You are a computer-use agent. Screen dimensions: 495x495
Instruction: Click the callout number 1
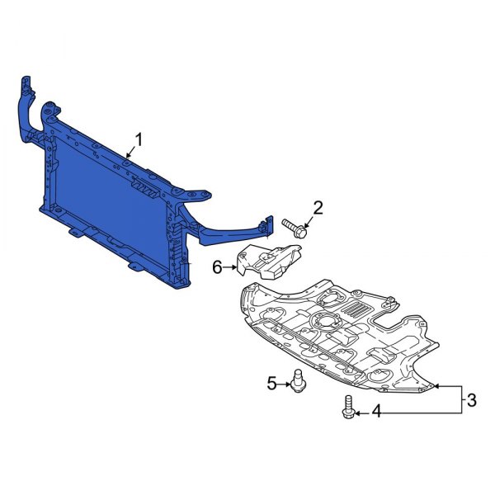(x=138, y=139)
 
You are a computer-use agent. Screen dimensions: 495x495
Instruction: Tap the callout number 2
(x=317, y=206)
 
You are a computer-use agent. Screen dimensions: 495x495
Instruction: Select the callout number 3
(x=471, y=401)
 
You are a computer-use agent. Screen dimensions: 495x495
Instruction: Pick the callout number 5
(x=271, y=382)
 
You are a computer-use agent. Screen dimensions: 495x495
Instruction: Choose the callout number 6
(x=218, y=267)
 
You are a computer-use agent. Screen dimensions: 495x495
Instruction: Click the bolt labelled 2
(x=294, y=225)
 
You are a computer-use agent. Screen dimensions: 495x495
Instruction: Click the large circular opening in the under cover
(x=329, y=322)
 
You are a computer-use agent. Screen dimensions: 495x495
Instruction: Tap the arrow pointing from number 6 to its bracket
(x=231, y=267)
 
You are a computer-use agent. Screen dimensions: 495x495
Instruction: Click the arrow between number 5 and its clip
(x=284, y=382)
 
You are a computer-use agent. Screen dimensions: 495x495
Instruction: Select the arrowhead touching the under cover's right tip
(x=437, y=386)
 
